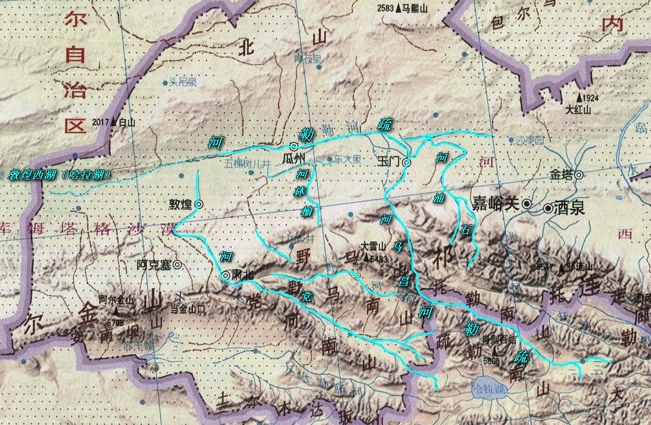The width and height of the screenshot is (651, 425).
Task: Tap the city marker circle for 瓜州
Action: pyautogui.click(x=294, y=146)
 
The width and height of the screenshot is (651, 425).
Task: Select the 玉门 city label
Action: pyautogui.click(x=389, y=162)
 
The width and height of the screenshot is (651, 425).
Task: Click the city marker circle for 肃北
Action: pyautogui.click(x=225, y=275)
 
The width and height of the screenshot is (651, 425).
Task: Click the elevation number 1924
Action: pyautogui.click(x=590, y=97)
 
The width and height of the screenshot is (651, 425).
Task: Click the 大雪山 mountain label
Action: pyautogui.click(x=372, y=246)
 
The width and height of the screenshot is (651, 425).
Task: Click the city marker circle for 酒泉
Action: pyautogui.click(x=548, y=209)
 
